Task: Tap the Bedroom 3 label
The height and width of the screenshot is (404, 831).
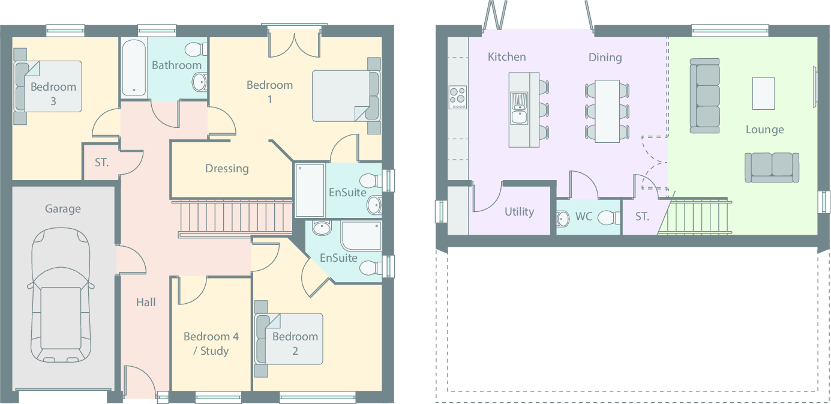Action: [x=53, y=94]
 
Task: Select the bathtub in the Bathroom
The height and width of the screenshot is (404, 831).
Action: [x=133, y=68]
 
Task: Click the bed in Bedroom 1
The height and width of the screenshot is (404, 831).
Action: [x=345, y=96]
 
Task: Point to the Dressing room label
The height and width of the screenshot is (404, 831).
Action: [x=227, y=169]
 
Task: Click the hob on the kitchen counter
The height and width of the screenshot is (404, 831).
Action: [x=458, y=97]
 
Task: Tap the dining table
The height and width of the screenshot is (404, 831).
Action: [x=607, y=111]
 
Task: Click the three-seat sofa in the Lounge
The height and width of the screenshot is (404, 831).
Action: [x=704, y=95]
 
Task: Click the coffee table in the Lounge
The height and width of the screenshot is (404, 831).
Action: [x=763, y=93]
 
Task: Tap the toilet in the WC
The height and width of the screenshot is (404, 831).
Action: [x=607, y=217]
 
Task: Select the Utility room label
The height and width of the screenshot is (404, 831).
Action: [x=519, y=212]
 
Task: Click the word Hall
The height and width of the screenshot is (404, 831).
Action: [x=146, y=303]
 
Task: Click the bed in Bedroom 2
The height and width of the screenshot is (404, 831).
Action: [x=289, y=339]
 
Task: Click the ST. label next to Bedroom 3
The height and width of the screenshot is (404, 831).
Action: [x=102, y=162]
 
